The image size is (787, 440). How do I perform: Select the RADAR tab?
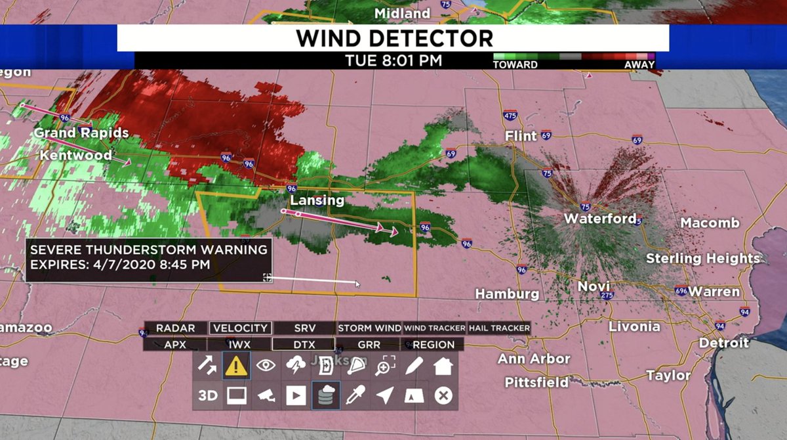pos(176,328)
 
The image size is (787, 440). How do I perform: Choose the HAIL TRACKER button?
pos(499,328)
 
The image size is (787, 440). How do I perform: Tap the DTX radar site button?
pos(304,344)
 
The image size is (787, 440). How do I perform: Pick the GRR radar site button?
pos(369,344)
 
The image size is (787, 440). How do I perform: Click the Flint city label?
pos(521,136)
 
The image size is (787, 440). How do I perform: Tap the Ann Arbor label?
pos(533,359)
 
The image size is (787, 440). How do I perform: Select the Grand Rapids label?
pos(81,133)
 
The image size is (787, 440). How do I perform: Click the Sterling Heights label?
pos(702,258)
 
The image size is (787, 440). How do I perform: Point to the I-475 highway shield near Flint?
pos(510,116)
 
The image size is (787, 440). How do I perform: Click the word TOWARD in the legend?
pos(515,64)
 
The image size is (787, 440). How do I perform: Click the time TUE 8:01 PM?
pos(393,61)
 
